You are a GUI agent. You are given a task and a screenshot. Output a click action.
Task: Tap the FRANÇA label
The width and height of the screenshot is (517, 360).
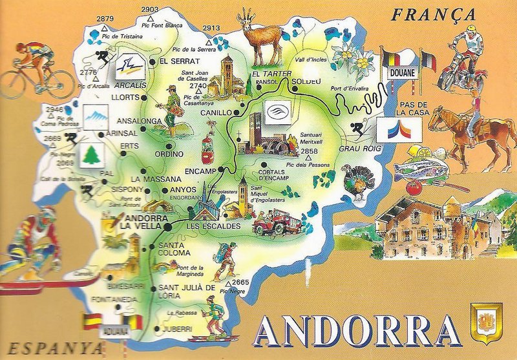(432, 14)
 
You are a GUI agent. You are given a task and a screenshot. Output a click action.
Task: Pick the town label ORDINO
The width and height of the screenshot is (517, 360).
(169, 154)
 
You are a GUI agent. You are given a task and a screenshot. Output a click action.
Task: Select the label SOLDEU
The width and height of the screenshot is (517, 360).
(306, 81)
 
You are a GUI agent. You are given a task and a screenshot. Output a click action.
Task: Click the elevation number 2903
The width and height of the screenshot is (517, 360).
(149, 9)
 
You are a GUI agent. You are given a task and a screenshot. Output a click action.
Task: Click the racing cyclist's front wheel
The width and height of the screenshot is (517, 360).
(60, 84)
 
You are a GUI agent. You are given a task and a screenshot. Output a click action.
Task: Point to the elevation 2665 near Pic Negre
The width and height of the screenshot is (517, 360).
(240, 282)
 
